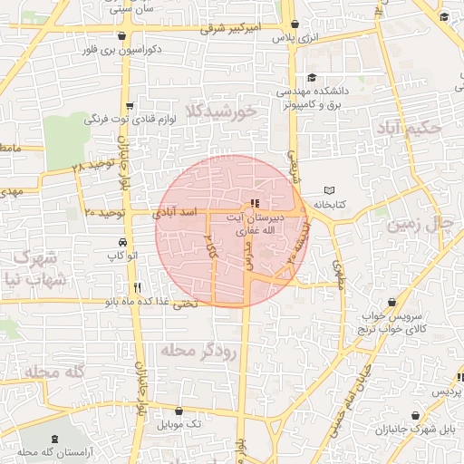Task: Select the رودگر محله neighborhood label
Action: coord(200,351)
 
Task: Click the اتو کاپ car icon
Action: coord(121,243)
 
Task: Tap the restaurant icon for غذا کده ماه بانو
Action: coord(163,287)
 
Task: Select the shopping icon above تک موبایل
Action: coord(188,410)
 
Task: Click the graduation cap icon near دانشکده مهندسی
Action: coord(312,78)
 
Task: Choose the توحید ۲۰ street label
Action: coord(102,211)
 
